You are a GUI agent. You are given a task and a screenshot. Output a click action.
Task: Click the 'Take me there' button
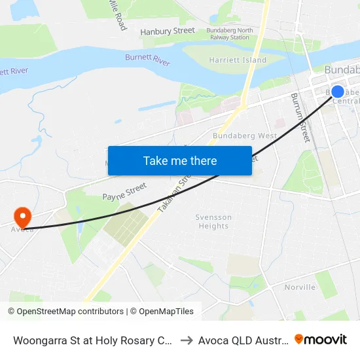click(x=180, y=161)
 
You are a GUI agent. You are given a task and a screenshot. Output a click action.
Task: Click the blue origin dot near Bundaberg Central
click(x=338, y=92)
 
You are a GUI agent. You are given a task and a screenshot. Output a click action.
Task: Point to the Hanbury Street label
click(x=168, y=31)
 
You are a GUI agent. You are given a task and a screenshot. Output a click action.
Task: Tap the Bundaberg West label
click(x=245, y=135)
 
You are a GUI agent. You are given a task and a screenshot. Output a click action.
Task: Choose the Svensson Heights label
click(x=213, y=221)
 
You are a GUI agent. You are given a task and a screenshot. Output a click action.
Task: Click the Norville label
click(x=300, y=287)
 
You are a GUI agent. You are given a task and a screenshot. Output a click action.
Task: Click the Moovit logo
click(x=321, y=340)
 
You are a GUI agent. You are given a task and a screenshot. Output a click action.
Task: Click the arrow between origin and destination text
click(x=187, y=340)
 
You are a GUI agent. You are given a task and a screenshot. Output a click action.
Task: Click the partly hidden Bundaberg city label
click(x=342, y=70)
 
